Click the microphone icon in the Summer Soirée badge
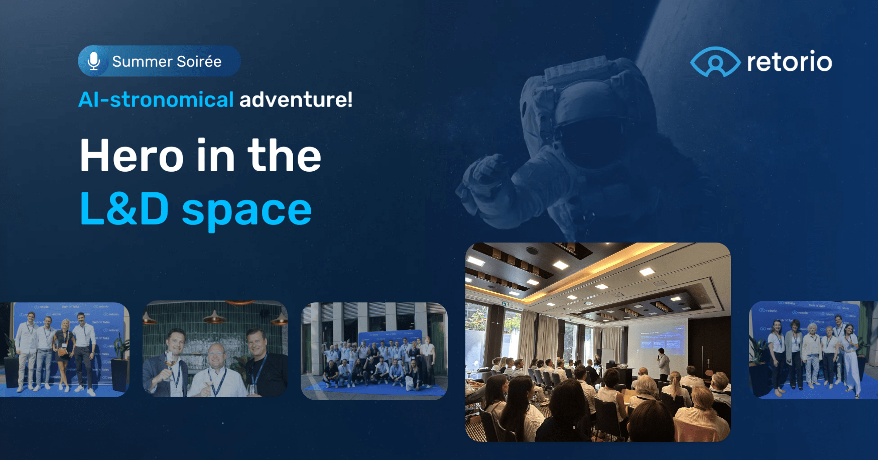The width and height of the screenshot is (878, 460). coord(93,61)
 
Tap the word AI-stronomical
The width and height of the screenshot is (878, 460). coord(156,99)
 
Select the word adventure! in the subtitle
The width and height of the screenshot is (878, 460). coord(296,99)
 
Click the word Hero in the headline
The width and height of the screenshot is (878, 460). coord(132,156)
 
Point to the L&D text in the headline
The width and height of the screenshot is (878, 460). coord(124,209)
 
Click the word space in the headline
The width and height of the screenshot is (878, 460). coord(246,210)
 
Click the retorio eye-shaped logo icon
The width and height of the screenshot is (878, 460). coord(715,62)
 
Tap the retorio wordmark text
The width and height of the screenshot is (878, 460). coord(789,62)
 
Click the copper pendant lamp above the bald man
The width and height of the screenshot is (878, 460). coord(214,317)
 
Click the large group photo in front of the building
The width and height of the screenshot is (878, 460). coord(374,352)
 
